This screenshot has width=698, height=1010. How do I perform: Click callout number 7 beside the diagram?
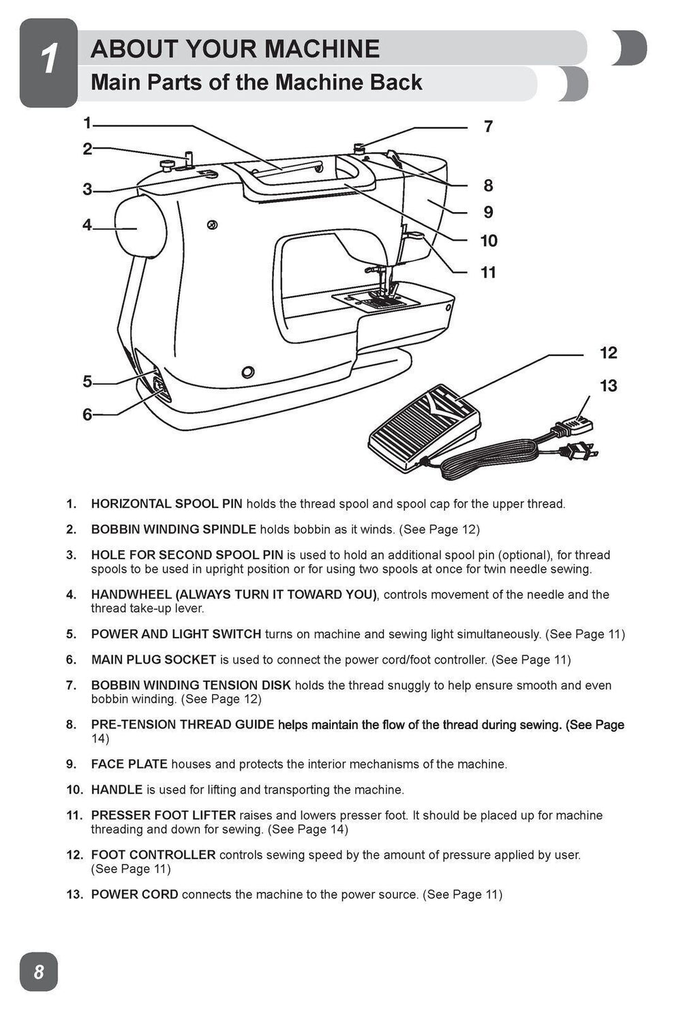pos(488,127)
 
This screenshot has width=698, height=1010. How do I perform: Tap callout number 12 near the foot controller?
pos(608,353)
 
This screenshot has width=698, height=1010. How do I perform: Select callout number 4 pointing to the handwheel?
pos(87,224)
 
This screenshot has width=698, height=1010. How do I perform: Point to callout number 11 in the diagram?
pos(488,273)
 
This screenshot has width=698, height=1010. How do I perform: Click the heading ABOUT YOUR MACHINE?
pos(235,49)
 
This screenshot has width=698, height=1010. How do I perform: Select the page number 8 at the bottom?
pos(39,971)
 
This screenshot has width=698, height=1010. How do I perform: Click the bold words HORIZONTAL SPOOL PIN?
pos(166,504)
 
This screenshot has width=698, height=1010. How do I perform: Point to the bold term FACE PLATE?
pos(129,764)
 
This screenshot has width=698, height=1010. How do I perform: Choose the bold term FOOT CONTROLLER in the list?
pos(153,855)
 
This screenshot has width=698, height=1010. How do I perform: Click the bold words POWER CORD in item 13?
pos(134,894)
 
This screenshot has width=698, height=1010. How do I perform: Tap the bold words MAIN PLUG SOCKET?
pos(153,659)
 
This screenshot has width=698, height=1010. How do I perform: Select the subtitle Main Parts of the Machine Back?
pos(256,83)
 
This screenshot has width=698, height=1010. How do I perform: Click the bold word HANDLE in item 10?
pos(117,790)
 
